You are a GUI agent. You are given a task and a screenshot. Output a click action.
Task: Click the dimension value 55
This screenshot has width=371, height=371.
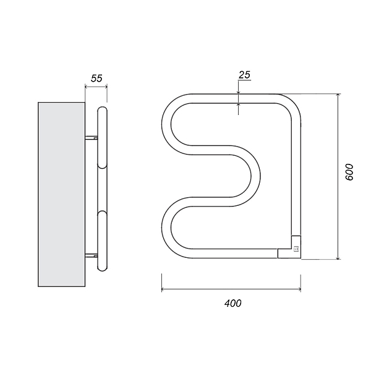pos(96,79)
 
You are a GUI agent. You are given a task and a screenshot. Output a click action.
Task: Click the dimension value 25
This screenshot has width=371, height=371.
pos(244,75)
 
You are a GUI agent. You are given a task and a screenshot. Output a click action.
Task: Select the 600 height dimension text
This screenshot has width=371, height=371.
pos(349,172)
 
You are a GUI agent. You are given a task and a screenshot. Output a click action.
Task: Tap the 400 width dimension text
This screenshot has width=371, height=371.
pos(233,304)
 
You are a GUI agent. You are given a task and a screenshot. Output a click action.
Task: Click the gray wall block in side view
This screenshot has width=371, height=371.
pos(61,194)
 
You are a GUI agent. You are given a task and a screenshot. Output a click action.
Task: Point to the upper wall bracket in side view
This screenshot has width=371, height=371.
pos(92,137)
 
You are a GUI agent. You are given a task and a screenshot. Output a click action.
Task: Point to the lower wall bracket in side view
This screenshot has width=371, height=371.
pos(92,255)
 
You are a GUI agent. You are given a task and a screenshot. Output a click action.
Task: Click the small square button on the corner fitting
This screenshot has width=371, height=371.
pos(296,249)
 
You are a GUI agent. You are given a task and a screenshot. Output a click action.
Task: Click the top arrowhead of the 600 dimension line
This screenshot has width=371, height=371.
pos(338,95)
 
